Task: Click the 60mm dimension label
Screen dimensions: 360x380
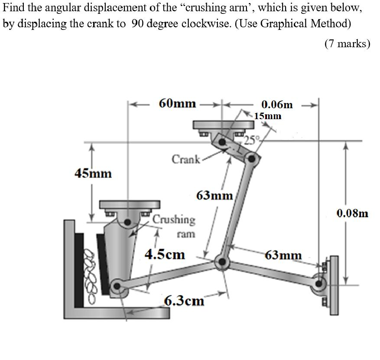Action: (x=177, y=104)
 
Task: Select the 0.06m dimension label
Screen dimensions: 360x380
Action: (x=277, y=104)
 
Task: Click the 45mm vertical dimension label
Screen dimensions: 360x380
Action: (x=93, y=174)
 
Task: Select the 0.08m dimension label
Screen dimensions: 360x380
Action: (x=352, y=213)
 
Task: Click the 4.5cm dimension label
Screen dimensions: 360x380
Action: (x=165, y=254)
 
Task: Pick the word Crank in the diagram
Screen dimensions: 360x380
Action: (x=186, y=159)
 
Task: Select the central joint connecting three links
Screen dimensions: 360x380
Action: (x=223, y=262)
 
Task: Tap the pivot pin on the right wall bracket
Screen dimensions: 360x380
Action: (x=320, y=284)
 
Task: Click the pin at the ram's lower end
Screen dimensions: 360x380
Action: (x=117, y=285)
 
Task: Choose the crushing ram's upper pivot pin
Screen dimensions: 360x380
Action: (x=128, y=222)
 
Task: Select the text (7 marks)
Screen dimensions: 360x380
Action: (x=347, y=44)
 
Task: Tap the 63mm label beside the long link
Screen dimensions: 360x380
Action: (x=215, y=195)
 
